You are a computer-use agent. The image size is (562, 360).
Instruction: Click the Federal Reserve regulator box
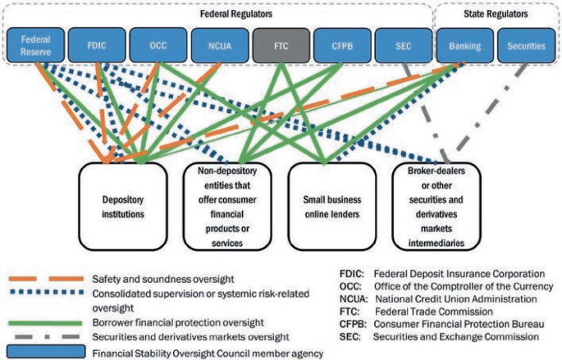click(x=34, y=46)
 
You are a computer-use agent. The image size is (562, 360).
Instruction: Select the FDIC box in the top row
click(x=96, y=46)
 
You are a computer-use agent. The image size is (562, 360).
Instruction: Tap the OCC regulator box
click(x=158, y=46)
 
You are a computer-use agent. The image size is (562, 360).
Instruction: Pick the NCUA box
click(x=218, y=46)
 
